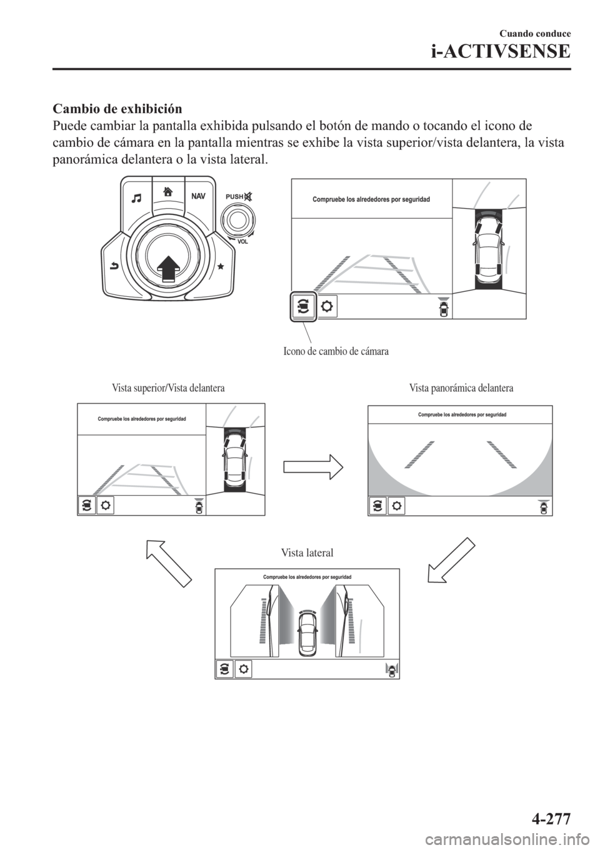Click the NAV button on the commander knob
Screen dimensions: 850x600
click(198, 196)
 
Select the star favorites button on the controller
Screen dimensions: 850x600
click(221, 266)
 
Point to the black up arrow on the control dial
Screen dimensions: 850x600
click(167, 269)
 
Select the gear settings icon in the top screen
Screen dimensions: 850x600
click(327, 307)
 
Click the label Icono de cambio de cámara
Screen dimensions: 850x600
click(336, 351)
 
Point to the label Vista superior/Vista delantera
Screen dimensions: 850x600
click(168, 389)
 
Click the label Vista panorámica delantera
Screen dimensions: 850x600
click(461, 389)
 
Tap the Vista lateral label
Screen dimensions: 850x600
click(307, 553)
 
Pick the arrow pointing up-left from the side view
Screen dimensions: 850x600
click(169, 563)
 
